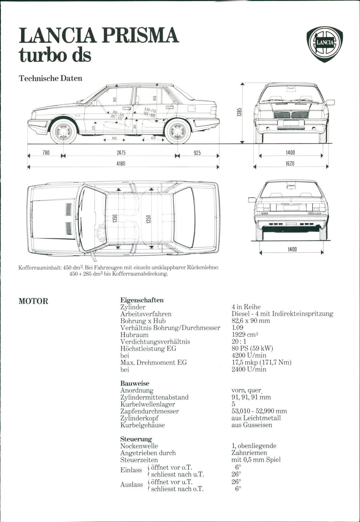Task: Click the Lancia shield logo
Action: point(324,44)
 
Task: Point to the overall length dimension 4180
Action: point(121,163)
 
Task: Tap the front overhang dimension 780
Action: point(46,153)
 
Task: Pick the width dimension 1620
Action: point(290,163)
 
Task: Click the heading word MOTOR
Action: point(33,301)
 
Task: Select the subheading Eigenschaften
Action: point(142,300)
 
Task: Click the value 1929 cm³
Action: point(245,335)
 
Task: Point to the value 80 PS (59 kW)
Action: point(252,348)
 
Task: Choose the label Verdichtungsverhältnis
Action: point(155,342)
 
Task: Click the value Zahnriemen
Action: point(249,453)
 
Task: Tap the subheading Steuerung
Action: point(136,439)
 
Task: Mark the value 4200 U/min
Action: point(249,355)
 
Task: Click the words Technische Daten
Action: point(50,78)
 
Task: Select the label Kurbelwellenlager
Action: point(148,404)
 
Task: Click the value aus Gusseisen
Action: point(252,425)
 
